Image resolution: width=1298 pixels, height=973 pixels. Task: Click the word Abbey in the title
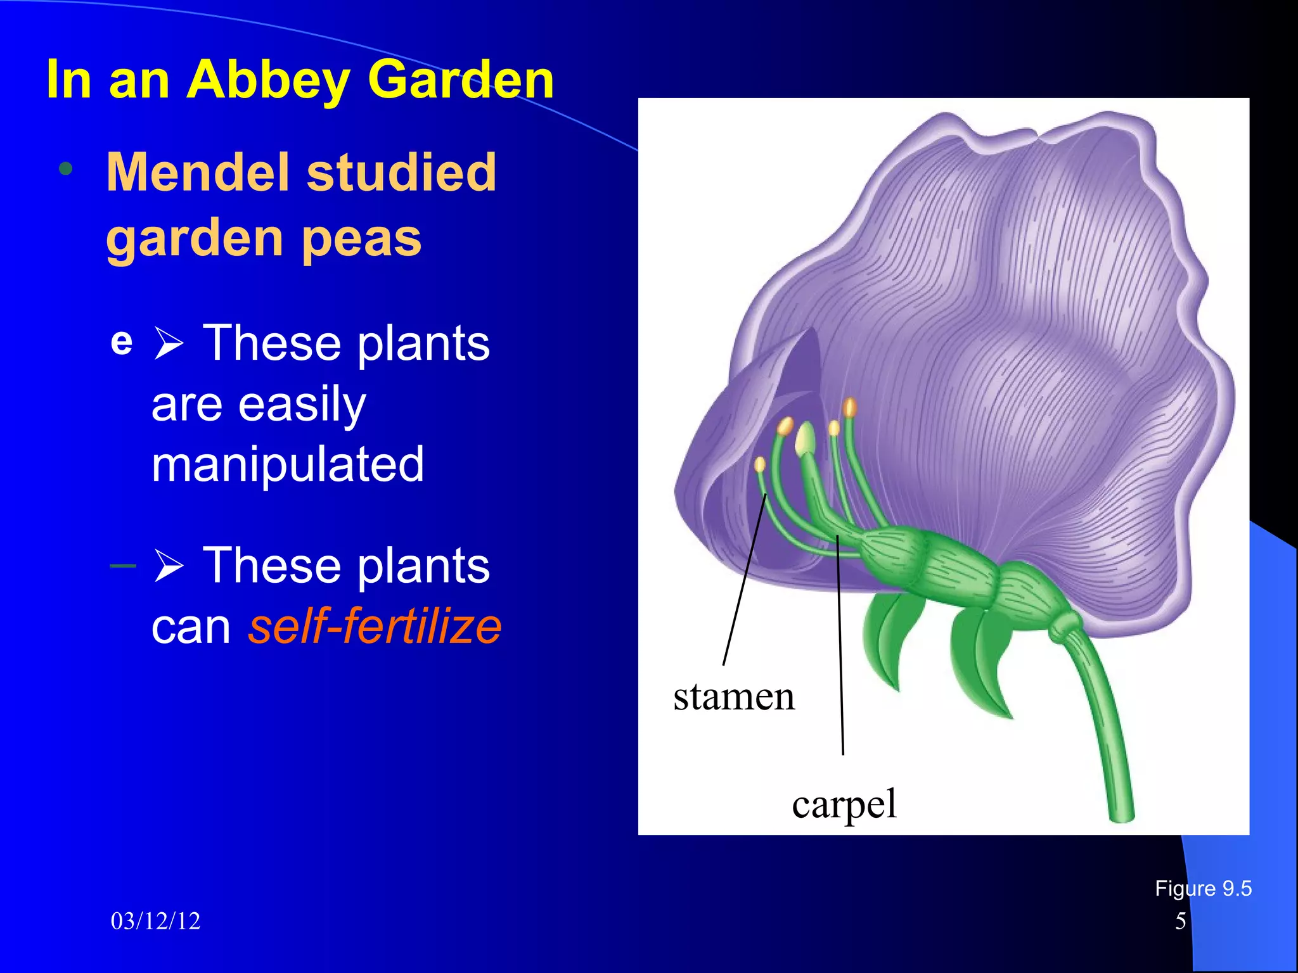[x=267, y=80]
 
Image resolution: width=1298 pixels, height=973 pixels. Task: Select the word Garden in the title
[x=461, y=79]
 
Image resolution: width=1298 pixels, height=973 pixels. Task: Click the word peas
[x=361, y=239]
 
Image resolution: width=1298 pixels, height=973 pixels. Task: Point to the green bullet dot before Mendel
[x=65, y=169]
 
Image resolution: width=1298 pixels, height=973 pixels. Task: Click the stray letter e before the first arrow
[x=121, y=343]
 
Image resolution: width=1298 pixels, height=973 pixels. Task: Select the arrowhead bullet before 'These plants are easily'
[x=169, y=343]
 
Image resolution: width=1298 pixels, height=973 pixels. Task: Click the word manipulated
[x=288, y=464]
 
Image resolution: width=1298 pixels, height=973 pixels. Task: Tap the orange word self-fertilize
[x=375, y=626]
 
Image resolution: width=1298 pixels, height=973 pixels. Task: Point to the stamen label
[x=733, y=697]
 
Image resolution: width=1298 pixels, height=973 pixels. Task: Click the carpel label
[x=844, y=804]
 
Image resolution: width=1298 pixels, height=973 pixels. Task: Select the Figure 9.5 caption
[x=1202, y=888]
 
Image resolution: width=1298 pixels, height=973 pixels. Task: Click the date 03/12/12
[x=155, y=921]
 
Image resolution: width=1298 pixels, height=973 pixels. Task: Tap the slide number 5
[x=1180, y=921]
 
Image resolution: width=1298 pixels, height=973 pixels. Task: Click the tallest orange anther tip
[x=850, y=407]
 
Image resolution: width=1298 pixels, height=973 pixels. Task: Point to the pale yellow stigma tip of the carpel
[x=805, y=439]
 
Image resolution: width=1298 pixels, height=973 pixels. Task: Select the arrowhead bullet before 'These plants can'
[x=169, y=566]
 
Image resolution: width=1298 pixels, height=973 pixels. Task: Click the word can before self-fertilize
[x=191, y=627]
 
